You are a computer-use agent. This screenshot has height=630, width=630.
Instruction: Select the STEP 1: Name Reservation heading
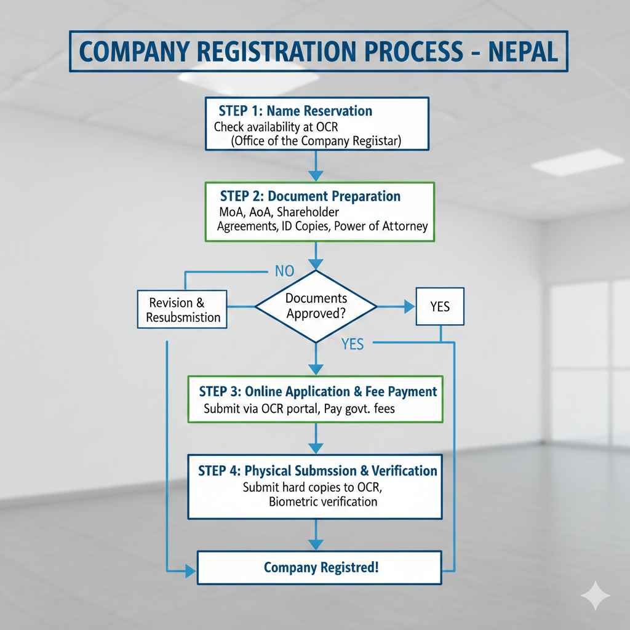(295, 111)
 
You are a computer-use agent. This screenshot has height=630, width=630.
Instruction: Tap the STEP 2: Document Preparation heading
(309, 197)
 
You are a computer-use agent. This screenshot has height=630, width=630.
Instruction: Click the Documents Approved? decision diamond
(316, 306)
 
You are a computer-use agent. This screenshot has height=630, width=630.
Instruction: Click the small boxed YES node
(440, 306)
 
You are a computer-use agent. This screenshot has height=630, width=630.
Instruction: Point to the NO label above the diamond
(284, 271)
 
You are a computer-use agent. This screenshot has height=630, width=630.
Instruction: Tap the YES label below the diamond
(352, 345)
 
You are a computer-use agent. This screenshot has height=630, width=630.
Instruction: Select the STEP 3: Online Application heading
(317, 391)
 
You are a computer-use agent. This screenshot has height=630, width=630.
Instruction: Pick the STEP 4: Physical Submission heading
(317, 471)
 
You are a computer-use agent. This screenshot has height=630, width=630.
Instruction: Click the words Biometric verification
(323, 501)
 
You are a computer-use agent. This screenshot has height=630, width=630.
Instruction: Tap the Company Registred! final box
(320, 567)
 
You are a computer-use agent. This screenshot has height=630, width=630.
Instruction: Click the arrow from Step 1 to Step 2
(316, 165)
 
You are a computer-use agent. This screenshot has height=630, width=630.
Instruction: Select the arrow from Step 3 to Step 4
(316, 438)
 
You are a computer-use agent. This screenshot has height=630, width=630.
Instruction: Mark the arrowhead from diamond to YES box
(408, 306)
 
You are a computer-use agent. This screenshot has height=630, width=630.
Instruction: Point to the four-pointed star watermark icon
(596, 596)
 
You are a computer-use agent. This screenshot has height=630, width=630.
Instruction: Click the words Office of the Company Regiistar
(316, 142)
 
